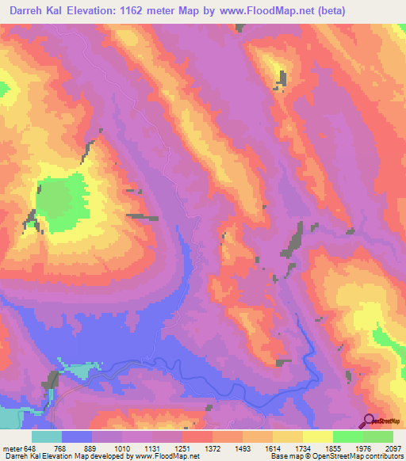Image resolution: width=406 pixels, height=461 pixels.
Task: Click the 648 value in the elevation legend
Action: tap(31, 448)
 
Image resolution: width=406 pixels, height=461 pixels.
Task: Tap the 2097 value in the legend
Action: tap(393, 448)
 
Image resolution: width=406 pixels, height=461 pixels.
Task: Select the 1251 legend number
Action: tap(182, 448)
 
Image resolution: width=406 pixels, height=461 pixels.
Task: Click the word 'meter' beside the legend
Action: tap(12, 448)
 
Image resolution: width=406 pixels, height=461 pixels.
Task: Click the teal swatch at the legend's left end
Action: tap(47, 436)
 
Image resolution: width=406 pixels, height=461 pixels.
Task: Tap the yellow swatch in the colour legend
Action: tap(318, 436)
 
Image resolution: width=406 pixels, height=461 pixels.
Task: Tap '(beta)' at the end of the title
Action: tap(381, 10)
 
